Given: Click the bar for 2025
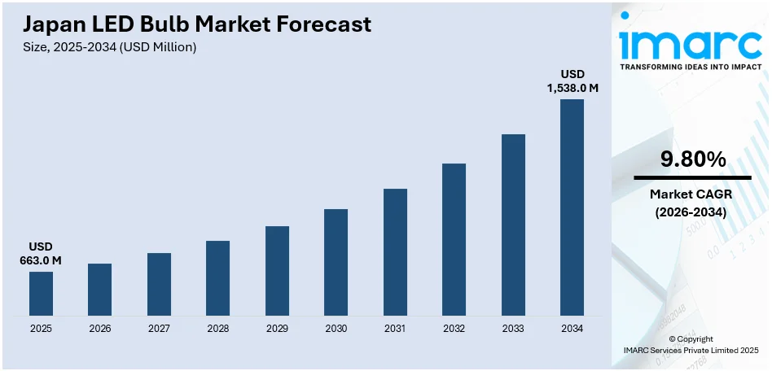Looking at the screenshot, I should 41,294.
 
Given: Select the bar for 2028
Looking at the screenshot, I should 217,278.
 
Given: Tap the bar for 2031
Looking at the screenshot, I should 395,252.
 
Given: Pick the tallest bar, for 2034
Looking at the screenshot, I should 572,207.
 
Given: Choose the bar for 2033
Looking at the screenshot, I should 513,225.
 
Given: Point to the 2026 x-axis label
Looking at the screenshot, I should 99,329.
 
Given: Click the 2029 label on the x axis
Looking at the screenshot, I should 277,329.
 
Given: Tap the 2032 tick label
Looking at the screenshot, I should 454,329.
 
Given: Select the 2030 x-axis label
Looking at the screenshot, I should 336,329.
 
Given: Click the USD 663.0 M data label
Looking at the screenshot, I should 41,253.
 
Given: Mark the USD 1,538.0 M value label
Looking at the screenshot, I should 572,81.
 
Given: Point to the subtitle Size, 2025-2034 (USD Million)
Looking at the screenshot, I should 111,47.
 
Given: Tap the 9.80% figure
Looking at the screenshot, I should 692,160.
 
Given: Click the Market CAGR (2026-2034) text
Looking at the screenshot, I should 692,203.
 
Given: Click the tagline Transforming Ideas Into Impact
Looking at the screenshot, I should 691,69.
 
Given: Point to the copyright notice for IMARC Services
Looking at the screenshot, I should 691,344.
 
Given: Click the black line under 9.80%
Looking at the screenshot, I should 692,177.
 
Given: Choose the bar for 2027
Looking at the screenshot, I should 159,284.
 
